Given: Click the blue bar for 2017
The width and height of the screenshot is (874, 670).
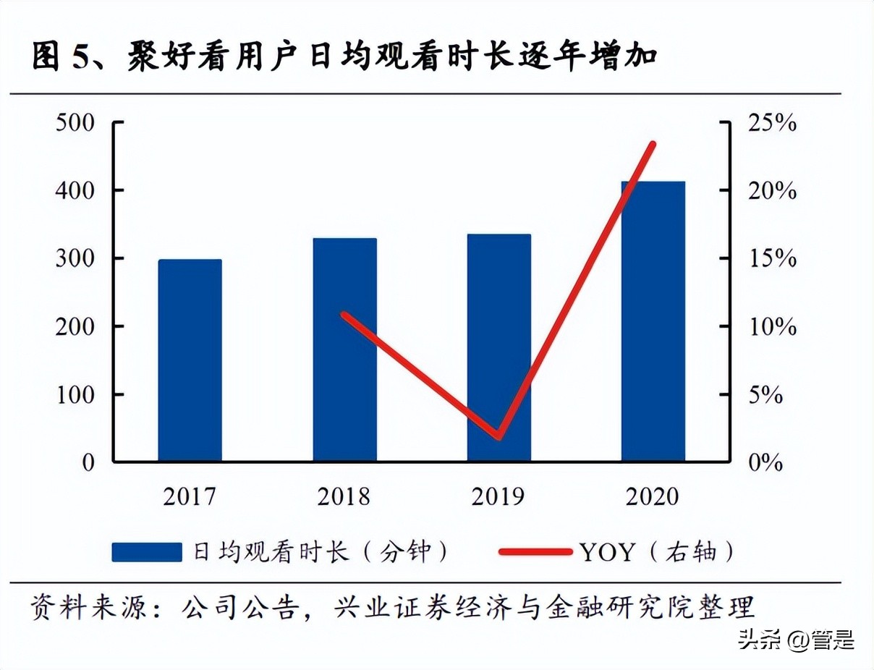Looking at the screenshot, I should click(x=190, y=360).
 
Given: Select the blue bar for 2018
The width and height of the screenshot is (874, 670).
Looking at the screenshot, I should click(x=344, y=349).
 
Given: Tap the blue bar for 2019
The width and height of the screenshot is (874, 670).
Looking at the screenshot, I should click(x=499, y=347).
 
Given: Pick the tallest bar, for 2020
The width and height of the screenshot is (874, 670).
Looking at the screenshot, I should click(x=653, y=321).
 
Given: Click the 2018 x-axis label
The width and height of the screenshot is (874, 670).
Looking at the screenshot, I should click(x=344, y=497).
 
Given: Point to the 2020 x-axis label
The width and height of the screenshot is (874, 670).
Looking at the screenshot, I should click(x=653, y=497).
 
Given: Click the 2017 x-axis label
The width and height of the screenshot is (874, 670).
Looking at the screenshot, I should click(x=190, y=497).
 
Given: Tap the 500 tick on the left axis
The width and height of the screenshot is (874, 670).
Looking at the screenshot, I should click(x=75, y=123).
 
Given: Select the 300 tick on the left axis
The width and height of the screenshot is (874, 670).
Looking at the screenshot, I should click(x=75, y=259).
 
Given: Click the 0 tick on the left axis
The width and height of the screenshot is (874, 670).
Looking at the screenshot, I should click(x=88, y=462).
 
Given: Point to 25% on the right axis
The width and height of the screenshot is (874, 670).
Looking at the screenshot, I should click(x=771, y=123).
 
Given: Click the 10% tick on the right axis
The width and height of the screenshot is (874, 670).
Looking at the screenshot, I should click(x=771, y=327).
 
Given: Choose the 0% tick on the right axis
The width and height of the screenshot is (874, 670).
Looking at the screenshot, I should click(x=764, y=462).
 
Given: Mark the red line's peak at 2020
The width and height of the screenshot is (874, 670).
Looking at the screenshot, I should click(x=653, y=144).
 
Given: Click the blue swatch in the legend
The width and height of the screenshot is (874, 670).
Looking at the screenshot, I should click(x=147, y=552).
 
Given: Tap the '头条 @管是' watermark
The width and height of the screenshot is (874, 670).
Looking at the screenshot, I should click(x=796, y=640).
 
